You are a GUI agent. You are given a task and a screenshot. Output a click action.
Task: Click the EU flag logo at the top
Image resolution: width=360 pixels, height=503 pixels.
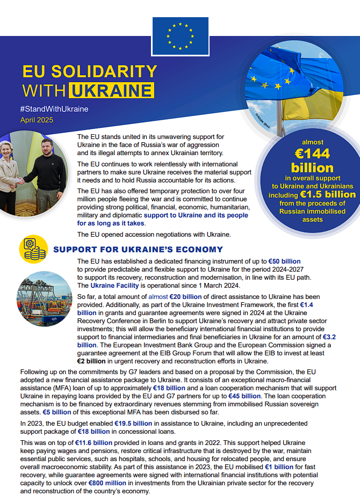point(180,35)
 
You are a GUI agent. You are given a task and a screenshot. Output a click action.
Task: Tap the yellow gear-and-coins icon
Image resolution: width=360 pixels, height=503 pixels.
point(33,250)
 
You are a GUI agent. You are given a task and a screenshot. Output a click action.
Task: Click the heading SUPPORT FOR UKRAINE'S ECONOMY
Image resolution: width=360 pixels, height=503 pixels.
point(138,250)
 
